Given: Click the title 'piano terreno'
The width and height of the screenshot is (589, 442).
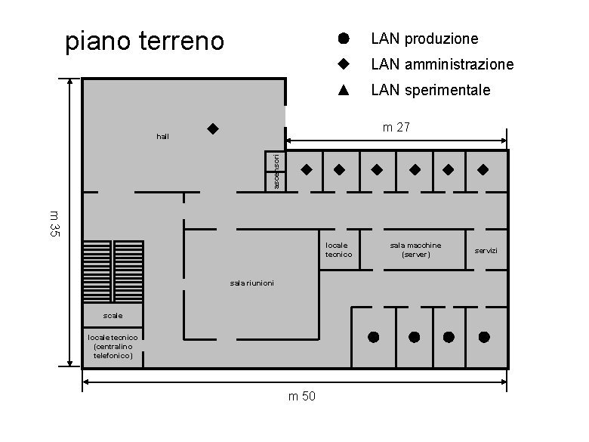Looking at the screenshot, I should pyautogui.click(x=144, y=41).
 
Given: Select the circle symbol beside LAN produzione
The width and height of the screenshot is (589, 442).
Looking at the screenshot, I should pyautogui.click(x=342, y=38).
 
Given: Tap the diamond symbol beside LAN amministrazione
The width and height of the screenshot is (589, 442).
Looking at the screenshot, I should pyautogui.click(x=342, y=64).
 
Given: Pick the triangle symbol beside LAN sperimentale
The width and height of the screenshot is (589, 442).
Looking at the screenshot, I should pyautogui.click(x=342, y=90).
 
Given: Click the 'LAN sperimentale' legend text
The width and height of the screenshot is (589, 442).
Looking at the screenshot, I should pyautogui.click(x=430, y=91).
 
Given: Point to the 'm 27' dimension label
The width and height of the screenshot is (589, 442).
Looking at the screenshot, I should pyautogui.click(x=396, y=128).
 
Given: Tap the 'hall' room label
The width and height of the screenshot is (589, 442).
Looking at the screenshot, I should pyautogui.click(x=162, y=137).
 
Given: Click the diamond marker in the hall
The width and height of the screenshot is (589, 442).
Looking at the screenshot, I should pyautogui.click(x=213, y=128).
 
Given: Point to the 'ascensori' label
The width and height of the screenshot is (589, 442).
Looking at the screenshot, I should pyautogui.click(x=276, y=172).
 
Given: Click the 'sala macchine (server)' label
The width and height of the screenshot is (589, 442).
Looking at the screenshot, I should pyautogui.click(x=415, y=250).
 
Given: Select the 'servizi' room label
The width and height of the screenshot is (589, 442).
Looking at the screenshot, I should pyautogui.click(x=486, y=250).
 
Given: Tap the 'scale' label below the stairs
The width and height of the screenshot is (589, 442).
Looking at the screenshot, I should pyautogui.click(x=113, y=314).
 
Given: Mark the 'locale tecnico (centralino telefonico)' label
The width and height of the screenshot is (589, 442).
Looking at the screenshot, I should pyautogui.click(x=113, y=345).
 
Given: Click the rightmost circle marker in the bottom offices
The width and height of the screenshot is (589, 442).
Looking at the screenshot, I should pyautogui.click(x=484, y=336).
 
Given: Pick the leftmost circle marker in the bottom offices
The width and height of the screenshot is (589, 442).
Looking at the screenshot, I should pyautogui.click(x=373, y=336).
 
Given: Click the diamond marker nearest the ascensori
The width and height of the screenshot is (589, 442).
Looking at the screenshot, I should pyautogui.click(x=307, y=169).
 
